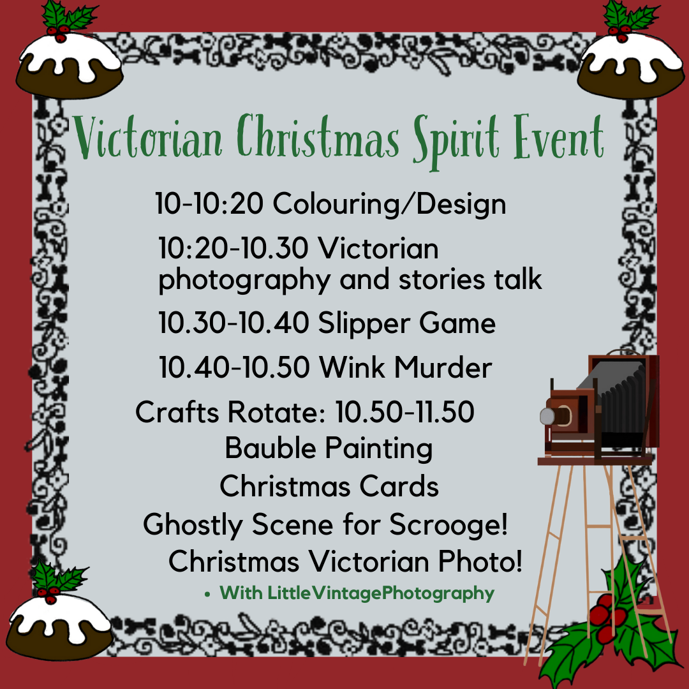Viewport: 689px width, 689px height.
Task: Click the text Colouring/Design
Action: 390,204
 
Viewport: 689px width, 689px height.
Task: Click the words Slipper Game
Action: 406,323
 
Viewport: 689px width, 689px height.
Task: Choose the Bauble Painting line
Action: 329,448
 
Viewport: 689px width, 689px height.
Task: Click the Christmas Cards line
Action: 329,487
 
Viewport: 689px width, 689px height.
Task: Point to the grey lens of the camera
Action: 547,417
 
